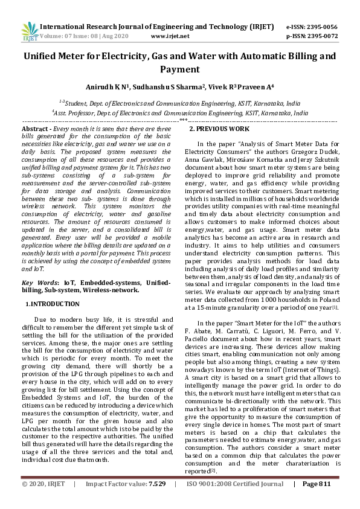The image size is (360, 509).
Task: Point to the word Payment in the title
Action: (x=179, y=69)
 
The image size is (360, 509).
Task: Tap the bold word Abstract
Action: (x=35, y=129)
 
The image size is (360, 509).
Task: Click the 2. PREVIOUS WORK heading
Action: (x=219, y=129)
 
